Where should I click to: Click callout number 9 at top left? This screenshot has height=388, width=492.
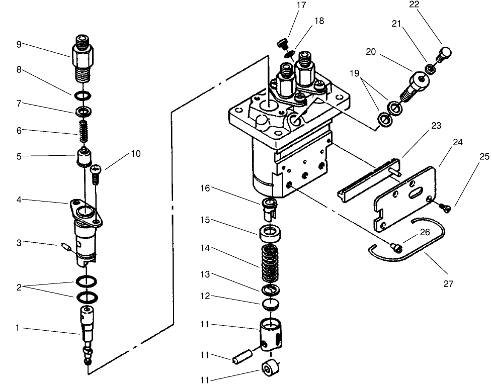[x=19, y=44]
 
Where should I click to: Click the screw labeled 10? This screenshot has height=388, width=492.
[x=96, y=173]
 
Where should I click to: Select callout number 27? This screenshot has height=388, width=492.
[x=448, y=284]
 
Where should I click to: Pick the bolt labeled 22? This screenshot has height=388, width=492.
[x=445, y=53]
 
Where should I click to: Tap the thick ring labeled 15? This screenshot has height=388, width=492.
[x=271, y=233]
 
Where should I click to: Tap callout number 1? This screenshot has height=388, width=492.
[x=18, y=328]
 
